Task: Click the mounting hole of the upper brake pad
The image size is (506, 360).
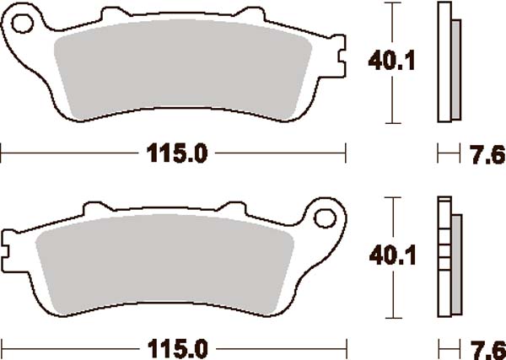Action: (x=22, y=24)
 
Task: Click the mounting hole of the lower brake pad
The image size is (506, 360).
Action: (x=325, y=218)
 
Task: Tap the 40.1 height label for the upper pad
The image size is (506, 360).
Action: (x=391, y=62)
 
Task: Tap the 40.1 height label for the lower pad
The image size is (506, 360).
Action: (x=392, y=255)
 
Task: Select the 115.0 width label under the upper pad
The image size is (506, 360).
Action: (x=177, y=153)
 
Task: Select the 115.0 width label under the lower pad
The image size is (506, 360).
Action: (x=178, y=349)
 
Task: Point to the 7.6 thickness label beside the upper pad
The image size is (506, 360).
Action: (x=487, y=154)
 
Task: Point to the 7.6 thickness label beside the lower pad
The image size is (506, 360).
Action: (x=487, y=350)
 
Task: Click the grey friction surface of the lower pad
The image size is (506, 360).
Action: (x=164, y=264)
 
